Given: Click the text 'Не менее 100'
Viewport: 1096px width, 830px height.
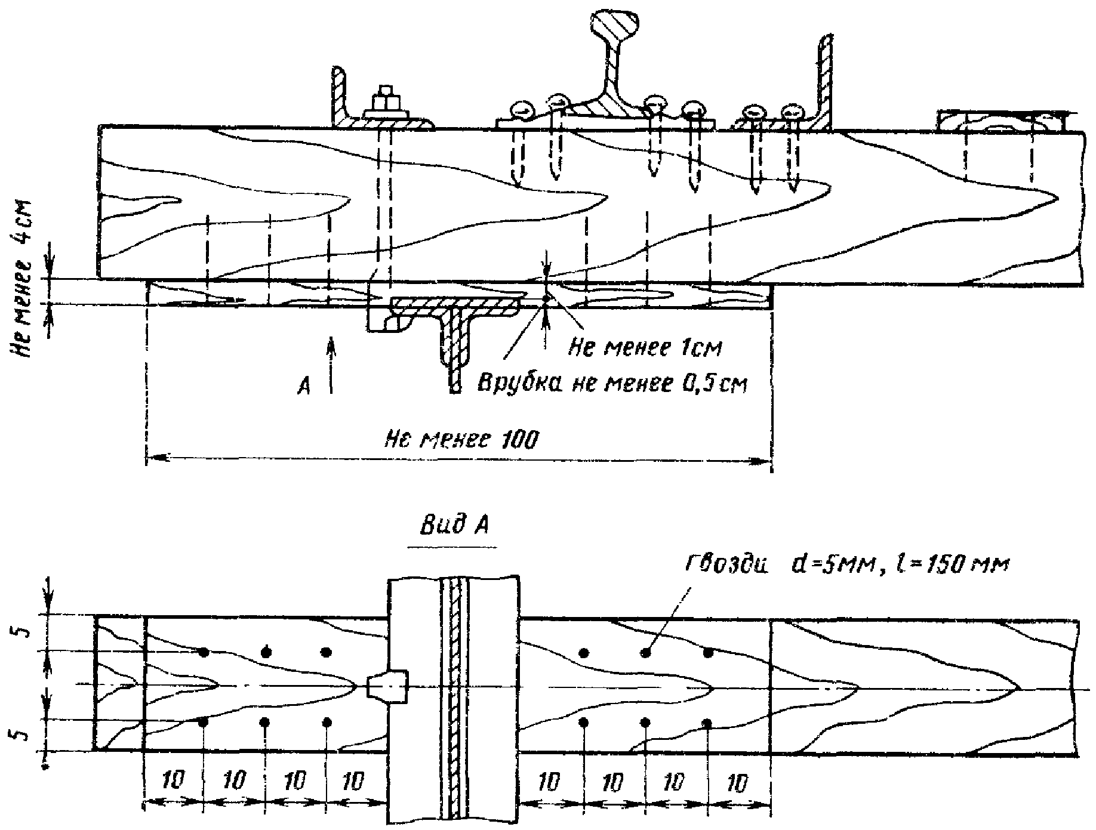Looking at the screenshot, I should [x=461, y=440].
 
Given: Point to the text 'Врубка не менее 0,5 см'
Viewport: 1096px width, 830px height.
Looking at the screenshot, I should [x=612, y=383].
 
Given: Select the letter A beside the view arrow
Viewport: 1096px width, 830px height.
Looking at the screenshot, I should [x=303, y=388].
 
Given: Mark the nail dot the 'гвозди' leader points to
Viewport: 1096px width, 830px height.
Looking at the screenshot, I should [x=645, y=653].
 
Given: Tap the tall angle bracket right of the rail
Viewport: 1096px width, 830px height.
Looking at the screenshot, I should [x=824, y=84].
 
